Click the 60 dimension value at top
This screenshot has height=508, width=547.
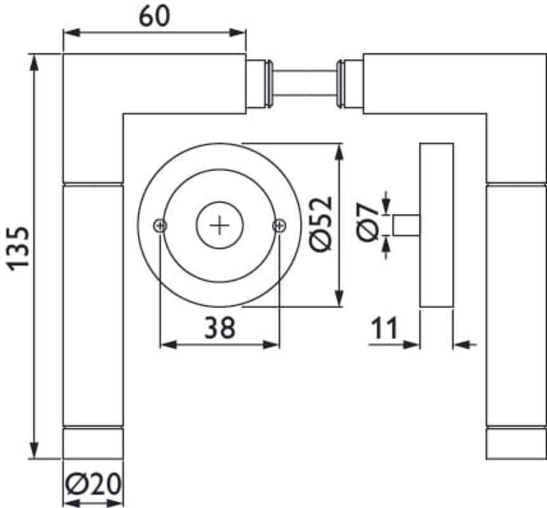pyautogui.click(x=154, y=16)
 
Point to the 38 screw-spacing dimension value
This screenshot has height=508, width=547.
pyautogui.click(x=220, y=328)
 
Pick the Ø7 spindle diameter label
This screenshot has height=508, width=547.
pyautogui.click(x=369, y=224)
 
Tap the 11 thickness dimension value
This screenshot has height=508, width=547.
pyautogui.click(x=385, y=328)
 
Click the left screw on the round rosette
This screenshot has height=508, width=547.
pyautogui.click(x=160, y=225)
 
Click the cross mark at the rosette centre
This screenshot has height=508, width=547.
pyautogui.click(x=220, y=225)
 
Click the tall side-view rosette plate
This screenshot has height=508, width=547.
pyautogui.click(x=437, y=225)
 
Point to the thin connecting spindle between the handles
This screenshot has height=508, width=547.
pyautogui.click(x=304, y=84)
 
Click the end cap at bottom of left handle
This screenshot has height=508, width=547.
pyautogui.click(x=93, y=443)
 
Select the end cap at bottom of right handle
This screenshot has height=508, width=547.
pyautogui.click(x=516, y=443)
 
